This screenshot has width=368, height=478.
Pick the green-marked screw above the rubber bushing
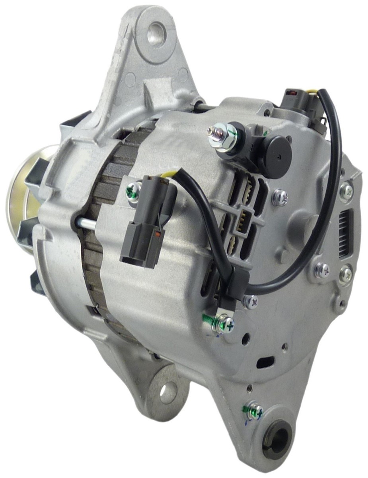pyautogui.click(x=254, y=410)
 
